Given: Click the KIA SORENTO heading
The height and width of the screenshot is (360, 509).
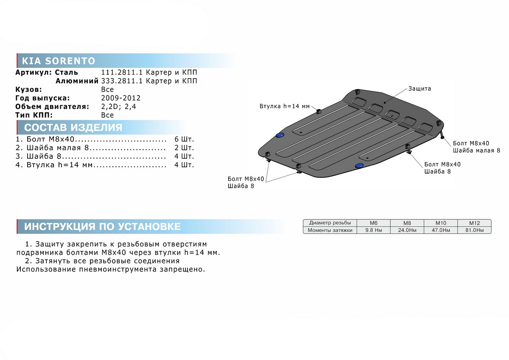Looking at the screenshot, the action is point(59,61).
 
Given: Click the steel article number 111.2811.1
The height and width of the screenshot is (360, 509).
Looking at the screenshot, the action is point(122,72).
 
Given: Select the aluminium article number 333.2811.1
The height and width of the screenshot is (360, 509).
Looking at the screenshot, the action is point(122,81).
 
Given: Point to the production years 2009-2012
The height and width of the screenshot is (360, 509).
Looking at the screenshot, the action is point(121,98).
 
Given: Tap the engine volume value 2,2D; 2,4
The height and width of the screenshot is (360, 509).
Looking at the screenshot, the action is point(119,107).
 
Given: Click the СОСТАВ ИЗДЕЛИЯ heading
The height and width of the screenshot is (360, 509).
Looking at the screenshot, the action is point(73,128).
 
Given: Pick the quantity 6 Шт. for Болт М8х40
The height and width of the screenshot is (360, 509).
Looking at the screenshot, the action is point(184,139).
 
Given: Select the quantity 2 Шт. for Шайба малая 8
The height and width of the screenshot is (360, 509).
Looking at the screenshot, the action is point(184,148).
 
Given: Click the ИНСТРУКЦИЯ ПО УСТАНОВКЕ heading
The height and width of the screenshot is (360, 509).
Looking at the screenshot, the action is point(103,227).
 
